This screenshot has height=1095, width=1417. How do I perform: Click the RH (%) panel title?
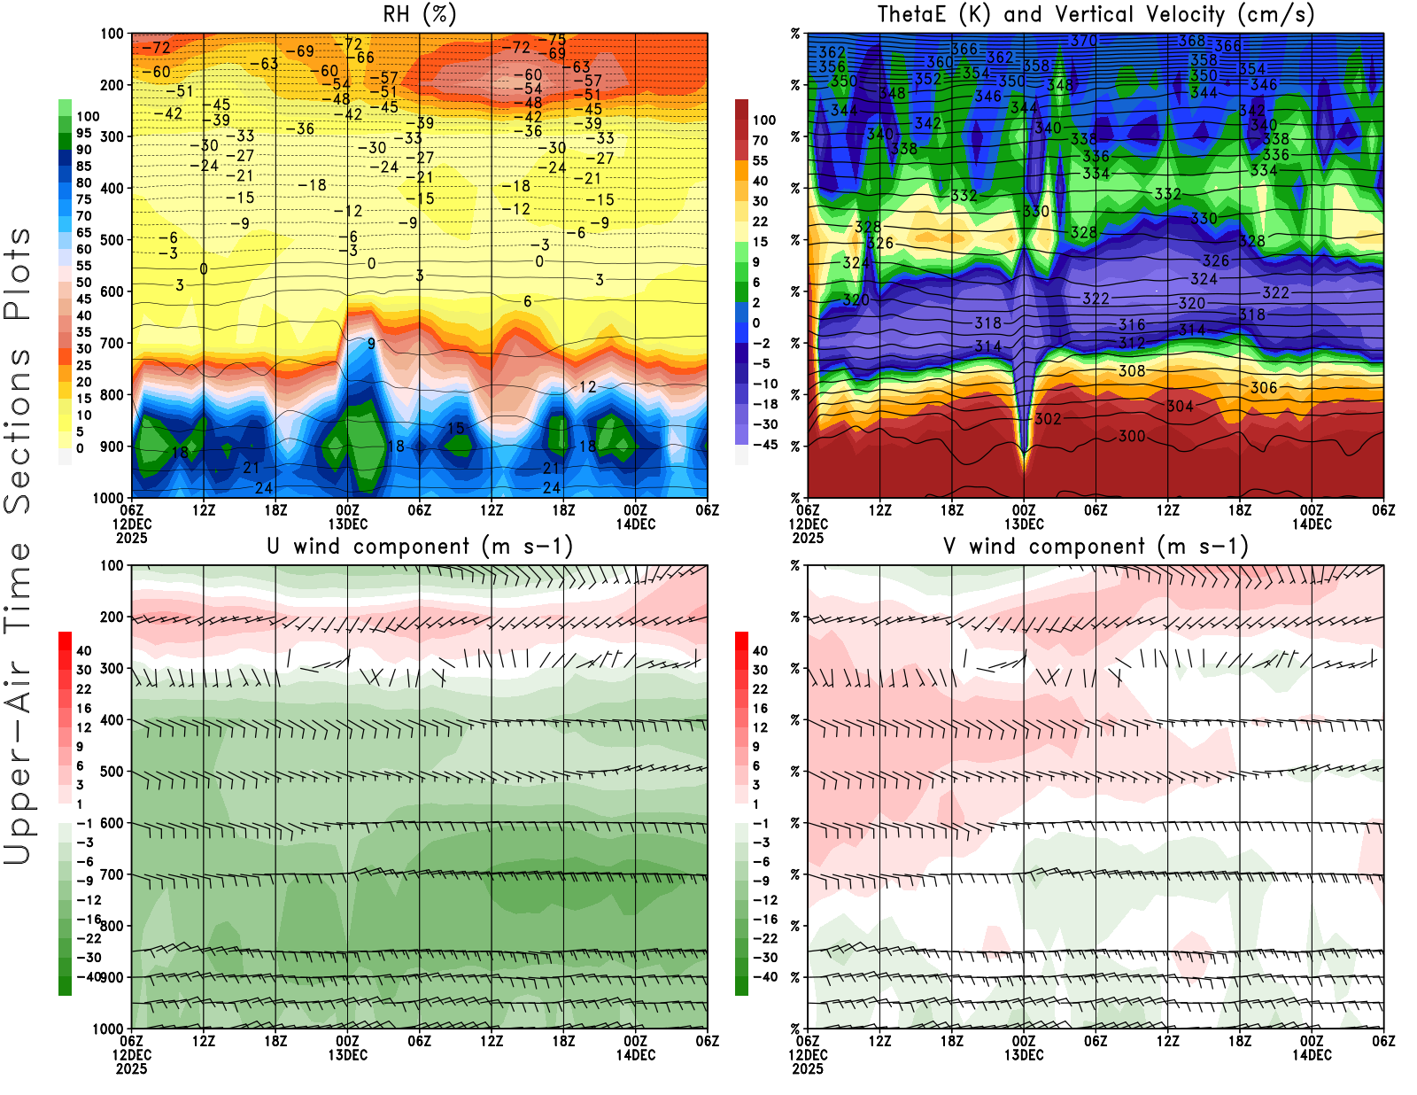point(419,15)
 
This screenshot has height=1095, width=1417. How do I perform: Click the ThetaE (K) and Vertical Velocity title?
point(1096,15)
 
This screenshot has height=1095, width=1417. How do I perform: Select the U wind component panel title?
point(420,547)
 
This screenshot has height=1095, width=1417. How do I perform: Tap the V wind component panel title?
point(1096,547)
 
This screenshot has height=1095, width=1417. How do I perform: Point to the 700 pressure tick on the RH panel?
point(112,343)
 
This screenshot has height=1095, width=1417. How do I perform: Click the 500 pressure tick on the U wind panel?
point(112,772)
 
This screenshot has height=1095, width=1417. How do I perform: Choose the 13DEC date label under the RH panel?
point(348,524)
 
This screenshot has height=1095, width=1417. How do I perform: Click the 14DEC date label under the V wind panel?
point(1312,1055)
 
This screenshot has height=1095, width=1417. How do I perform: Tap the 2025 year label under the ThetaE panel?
point(808,538)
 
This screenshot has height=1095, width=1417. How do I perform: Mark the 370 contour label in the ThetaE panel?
point(1084,41)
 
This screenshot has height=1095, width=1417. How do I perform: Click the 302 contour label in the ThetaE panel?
point(1048,419)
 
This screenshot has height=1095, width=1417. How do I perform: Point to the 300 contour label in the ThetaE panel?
point(1132,436)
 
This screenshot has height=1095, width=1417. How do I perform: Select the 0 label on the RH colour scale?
point(80,448)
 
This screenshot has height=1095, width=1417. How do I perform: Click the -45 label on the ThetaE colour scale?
point(765,445)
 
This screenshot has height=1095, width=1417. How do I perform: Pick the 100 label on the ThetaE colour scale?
point(764,120)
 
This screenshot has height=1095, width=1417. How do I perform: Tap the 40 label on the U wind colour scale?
point(84,651)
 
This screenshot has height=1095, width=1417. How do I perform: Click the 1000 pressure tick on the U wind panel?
point(109,1029)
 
